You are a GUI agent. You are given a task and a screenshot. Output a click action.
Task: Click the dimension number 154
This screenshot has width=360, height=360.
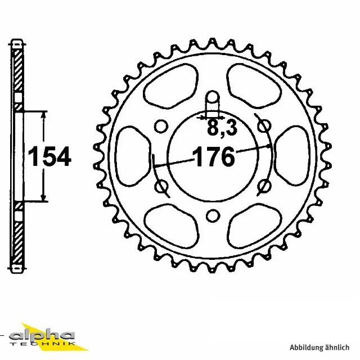click(x=50, y=156)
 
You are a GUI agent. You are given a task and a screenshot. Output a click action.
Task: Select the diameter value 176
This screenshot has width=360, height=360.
click(x=214, y=157)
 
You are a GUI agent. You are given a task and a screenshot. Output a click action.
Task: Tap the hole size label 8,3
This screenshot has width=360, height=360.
click(x=222, y=128)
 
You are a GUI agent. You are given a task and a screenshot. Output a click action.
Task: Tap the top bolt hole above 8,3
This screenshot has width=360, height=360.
click(x=213, y=101)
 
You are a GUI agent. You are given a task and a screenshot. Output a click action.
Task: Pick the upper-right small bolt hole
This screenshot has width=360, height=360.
click(x=262, y=126)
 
